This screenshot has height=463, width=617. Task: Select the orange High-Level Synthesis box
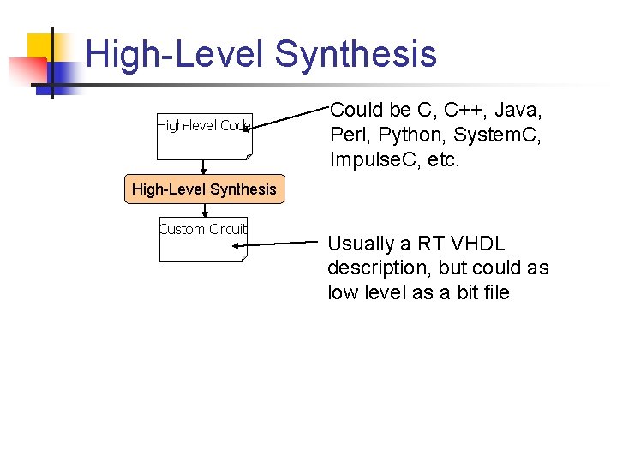click(x=204, y=189)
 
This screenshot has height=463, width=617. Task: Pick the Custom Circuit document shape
click(x=203, y=238)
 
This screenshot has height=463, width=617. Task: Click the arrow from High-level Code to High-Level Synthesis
click(x=204, y=168)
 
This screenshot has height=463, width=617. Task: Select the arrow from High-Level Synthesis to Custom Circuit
click(x=204, y=209)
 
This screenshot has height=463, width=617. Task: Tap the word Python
click(x=408, y=135)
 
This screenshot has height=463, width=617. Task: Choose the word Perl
click(x=348, y=135)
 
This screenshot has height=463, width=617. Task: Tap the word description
click(x=378, y=268)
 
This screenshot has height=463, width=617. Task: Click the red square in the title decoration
click(x=26, y=69)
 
